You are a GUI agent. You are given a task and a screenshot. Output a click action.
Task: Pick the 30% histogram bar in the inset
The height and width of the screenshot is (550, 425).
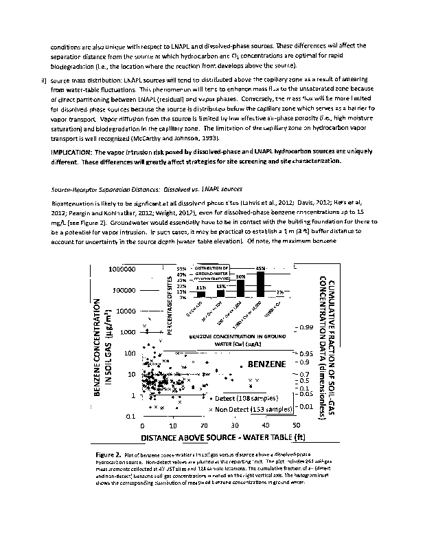(x=240, y=289)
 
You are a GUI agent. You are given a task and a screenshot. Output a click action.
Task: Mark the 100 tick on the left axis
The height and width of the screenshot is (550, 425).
(x=126, y=353)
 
